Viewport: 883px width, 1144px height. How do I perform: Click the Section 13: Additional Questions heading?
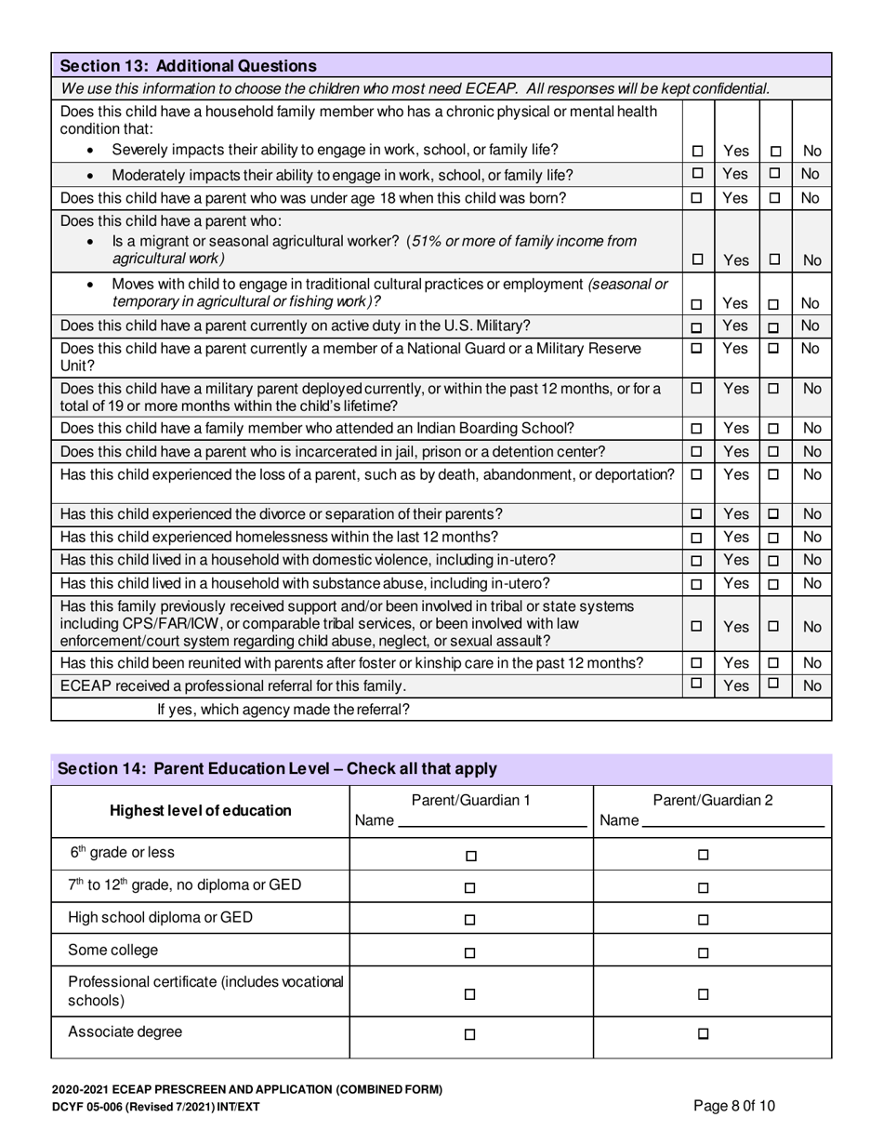click(x=188, y=66)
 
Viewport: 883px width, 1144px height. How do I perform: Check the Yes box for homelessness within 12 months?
click(x=697, y=538)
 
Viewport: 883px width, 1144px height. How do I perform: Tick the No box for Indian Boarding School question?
click(x=775, y=429)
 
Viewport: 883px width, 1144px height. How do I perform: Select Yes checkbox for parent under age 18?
click(x=697, y=198)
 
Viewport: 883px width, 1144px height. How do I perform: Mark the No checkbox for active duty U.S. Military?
click(x=775, y=327)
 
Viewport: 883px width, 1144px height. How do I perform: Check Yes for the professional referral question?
click(x=697, y=684)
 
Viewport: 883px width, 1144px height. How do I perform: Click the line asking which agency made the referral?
click(x=283, y=709)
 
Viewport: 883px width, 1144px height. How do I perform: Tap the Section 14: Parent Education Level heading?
click(x=277, y=769)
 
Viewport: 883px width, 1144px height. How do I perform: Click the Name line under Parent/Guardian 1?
click(x=492, y=822)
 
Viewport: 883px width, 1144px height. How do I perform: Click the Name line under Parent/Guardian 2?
click(x=733, y=822)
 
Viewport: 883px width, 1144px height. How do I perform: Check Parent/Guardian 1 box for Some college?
click(x=470, y=952)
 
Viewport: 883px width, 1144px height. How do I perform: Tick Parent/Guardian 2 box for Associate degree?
click(x=703, y=1033)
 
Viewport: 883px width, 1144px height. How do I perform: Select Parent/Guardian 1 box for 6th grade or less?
click(x=470, y=856)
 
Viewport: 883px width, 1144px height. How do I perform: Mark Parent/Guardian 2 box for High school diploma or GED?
click(x=703, y=920)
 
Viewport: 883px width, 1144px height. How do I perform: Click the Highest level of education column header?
click(x=201, y=811)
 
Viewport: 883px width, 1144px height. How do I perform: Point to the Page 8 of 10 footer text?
click(x=734, y=1106)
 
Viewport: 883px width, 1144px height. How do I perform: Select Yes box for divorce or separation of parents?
click(x=697, y=514)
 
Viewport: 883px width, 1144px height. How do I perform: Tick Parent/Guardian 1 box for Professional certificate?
click(x=470, y=993)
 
